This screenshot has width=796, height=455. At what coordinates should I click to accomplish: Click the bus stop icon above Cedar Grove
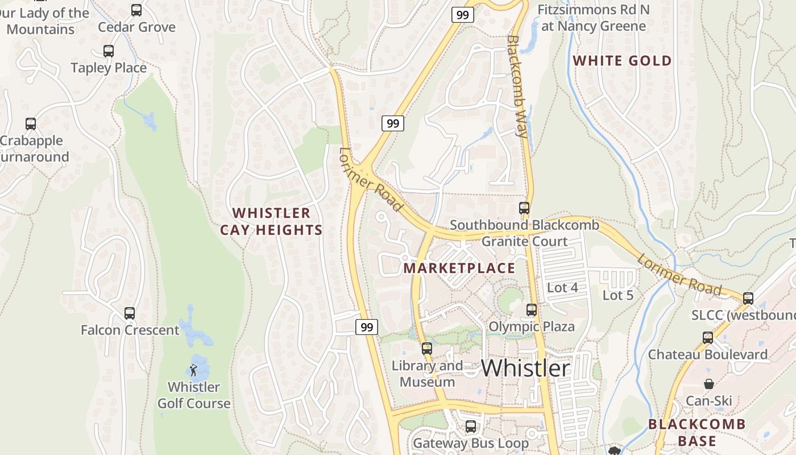(136, 10)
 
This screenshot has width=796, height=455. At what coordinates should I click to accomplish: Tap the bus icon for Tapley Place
(109, 51)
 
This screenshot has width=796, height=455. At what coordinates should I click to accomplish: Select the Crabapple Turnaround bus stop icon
(31, 124)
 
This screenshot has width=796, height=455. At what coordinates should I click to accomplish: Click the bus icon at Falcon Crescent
(130, 313)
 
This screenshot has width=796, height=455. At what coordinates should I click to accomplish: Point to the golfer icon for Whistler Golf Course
(193, 370)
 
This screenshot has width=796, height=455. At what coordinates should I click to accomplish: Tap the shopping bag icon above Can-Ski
(708, 384)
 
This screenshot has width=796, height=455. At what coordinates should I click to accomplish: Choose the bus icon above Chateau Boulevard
(708, 338)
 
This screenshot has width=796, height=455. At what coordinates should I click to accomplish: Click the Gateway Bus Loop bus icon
(471, 427)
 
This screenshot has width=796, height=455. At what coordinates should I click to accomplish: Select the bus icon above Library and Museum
(427, 349)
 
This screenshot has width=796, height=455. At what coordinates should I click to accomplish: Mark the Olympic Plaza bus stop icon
(532, 310)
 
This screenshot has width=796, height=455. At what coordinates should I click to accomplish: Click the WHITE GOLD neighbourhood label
(622, 61)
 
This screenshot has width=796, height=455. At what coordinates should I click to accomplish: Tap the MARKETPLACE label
(459, 268)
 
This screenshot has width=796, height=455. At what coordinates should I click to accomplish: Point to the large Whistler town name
(525, 368)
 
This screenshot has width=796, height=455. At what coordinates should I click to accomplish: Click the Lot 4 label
(562, 288)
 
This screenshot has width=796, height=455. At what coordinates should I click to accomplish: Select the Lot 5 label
(618, 295)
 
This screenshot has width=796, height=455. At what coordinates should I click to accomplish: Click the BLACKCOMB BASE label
(696, 432)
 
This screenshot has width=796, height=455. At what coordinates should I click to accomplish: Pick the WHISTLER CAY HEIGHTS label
(271, 221)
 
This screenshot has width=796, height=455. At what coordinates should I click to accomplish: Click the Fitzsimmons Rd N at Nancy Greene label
(594, 18)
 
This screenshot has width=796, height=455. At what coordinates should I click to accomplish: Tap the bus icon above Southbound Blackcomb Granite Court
(524, 208)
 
